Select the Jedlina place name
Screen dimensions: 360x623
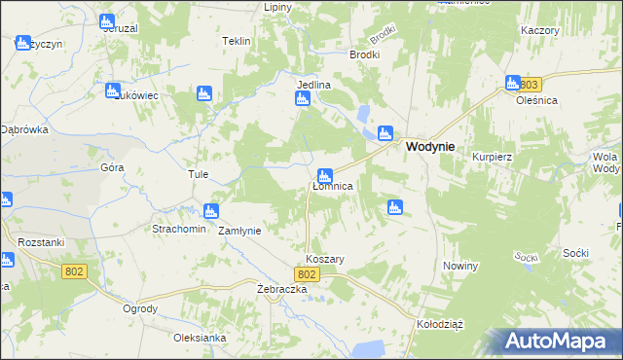click(x=313, y=85)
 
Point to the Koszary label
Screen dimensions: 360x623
click(x=325, y=260)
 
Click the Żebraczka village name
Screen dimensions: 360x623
click(x=282, y=290)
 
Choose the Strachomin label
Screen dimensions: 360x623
click(x=177, y=230)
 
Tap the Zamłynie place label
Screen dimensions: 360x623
click(x=238, y=232)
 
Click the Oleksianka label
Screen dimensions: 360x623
click(x=200, y=338)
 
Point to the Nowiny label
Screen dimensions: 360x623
click(x=460, y=267)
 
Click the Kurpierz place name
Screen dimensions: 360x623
click(x=491, y=157)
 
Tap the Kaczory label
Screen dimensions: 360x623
click(x=539, y=30)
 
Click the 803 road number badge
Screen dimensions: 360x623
click(x=528, y=84)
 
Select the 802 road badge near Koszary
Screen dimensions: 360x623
click(x=307, y=275)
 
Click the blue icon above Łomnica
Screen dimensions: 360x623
click(x=326, y=176)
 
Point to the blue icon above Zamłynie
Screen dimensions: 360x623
click(x=210, y=211)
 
